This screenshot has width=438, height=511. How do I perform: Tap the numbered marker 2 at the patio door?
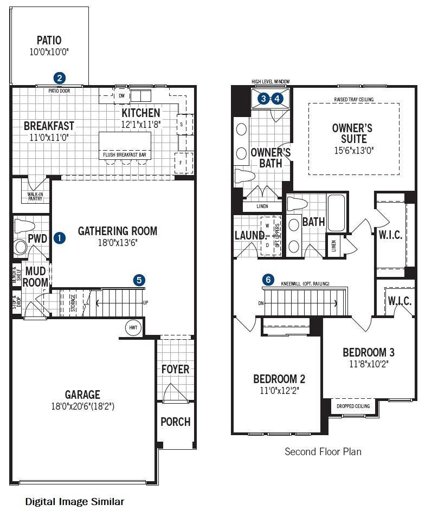point(60,78)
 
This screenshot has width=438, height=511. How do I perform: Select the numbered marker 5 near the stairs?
point(139,280)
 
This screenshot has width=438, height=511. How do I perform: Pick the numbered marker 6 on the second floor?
point(268,280)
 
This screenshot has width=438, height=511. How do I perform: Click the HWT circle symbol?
point(133,328)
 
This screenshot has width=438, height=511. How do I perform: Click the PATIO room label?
point(49,40)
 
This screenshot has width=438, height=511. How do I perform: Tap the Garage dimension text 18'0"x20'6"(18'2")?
point(83,406)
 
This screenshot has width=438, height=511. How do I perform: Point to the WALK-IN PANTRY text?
point(35,196)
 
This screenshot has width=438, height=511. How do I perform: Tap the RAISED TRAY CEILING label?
point(353,100)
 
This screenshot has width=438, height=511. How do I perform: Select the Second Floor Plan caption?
point(323,451)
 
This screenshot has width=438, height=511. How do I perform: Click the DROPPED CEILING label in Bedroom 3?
point(353,406)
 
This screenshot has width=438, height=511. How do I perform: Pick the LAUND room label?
point(249,236)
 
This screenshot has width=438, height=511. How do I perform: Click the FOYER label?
point(176,370)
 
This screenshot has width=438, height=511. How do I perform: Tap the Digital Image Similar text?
point(75,502)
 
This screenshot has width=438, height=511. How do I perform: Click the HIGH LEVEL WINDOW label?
point(270,82)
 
